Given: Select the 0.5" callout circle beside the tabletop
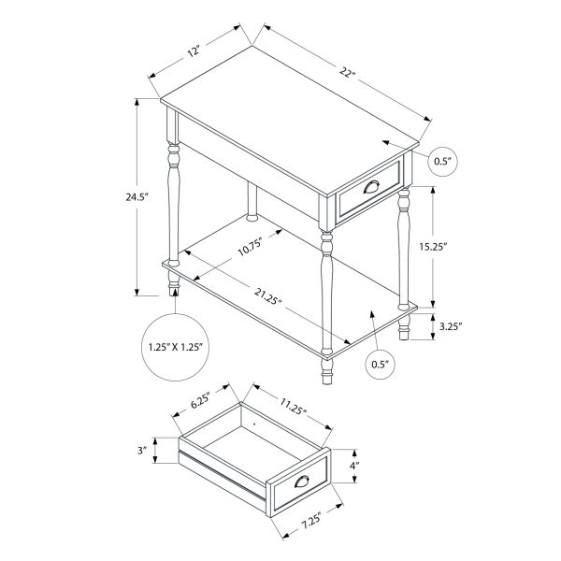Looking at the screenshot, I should pyautogui.click(x=441, y=162).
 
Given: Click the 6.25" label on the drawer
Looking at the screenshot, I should pyautogui.click(x=199, y=403).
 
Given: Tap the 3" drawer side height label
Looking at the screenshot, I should pyautogui.click(x=142, y=451).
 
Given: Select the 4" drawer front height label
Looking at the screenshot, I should pyautogui.click(x=354, y=465).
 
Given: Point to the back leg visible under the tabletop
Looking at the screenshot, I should pyautogui.click(x=252, y=202).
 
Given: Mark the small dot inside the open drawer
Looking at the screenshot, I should pyautogui.click(x=253, y=423).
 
